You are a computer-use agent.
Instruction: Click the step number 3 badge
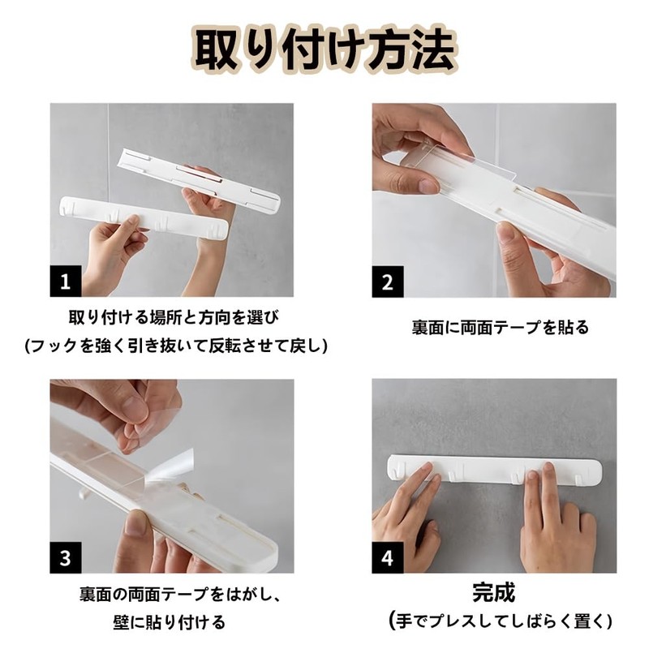tap(66, 558)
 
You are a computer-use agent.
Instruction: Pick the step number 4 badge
tap(388, 558)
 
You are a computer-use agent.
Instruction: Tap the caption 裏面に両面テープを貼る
tap(500, 328)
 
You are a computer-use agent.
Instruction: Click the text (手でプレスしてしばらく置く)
tap(500, 621)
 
